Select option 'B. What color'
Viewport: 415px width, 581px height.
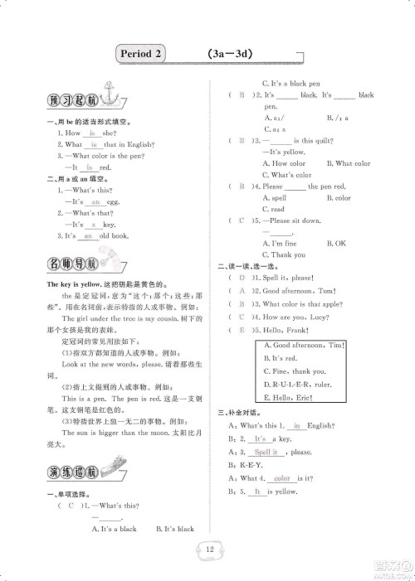point(349,163)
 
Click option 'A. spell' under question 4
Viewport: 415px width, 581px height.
point(276,198)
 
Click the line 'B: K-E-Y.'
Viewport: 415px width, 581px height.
point(247,465)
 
